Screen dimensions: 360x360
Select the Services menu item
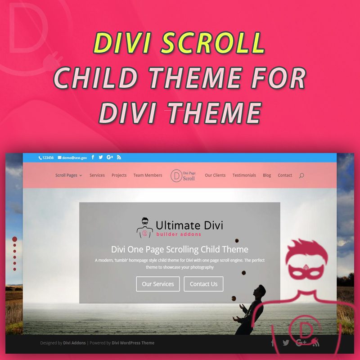(97, 175)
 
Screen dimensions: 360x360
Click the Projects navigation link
(119, 175)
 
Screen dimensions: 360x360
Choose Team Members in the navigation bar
(148, 175)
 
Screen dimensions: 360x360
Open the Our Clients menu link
(215, 175)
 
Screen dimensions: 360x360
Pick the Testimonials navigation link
(244, 175)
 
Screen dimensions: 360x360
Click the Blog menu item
(267, 175)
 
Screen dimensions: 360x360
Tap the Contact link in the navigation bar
(285, 175)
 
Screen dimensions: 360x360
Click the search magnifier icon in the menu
(301, 175)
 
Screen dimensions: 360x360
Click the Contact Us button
(203, 284)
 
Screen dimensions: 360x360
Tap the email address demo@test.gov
(73, 158)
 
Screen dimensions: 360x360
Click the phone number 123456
(46, 158)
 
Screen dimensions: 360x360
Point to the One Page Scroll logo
(183, 175)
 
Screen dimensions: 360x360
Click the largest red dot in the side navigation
(14, 239)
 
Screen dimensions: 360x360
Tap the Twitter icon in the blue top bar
(101, 157)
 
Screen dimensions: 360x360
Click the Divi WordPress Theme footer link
(133, 343)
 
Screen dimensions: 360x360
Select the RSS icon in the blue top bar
(119, 157)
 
